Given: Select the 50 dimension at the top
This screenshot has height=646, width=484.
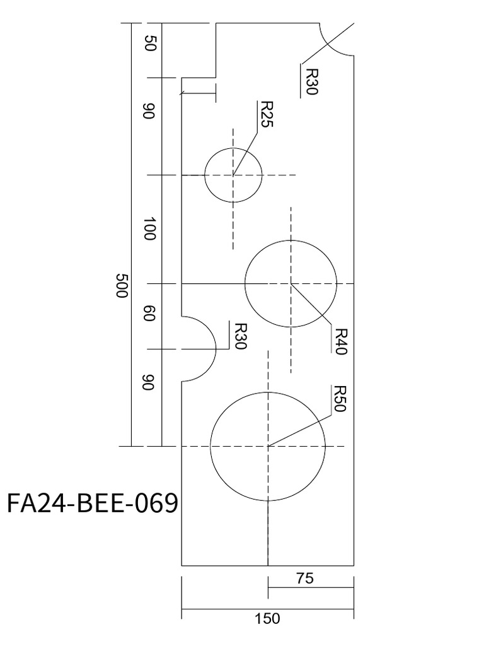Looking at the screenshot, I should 150,44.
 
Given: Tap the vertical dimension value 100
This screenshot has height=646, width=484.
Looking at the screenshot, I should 149,228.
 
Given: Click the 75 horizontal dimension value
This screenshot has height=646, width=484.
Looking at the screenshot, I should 304,578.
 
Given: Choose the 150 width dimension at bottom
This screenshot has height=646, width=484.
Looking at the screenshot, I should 267,619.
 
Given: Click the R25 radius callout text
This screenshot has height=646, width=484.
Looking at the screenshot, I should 266,115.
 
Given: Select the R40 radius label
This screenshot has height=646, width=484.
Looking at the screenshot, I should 340,341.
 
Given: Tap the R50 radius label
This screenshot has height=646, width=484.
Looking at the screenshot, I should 340,398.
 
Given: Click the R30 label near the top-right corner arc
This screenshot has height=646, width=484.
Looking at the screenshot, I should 311,81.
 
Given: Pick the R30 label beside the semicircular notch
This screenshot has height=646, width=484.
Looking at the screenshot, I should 240,337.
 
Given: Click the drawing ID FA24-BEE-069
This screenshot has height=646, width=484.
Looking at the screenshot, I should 91,504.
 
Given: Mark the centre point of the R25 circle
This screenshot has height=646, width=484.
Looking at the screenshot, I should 233,175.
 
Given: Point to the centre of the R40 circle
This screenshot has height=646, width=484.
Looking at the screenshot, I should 291,283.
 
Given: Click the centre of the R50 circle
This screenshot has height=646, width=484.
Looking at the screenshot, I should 268,446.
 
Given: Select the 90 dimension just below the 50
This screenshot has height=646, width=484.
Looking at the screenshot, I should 149,112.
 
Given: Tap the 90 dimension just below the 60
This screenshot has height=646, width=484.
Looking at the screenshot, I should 149,383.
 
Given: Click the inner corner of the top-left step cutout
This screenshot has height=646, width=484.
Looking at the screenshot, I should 216,78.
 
